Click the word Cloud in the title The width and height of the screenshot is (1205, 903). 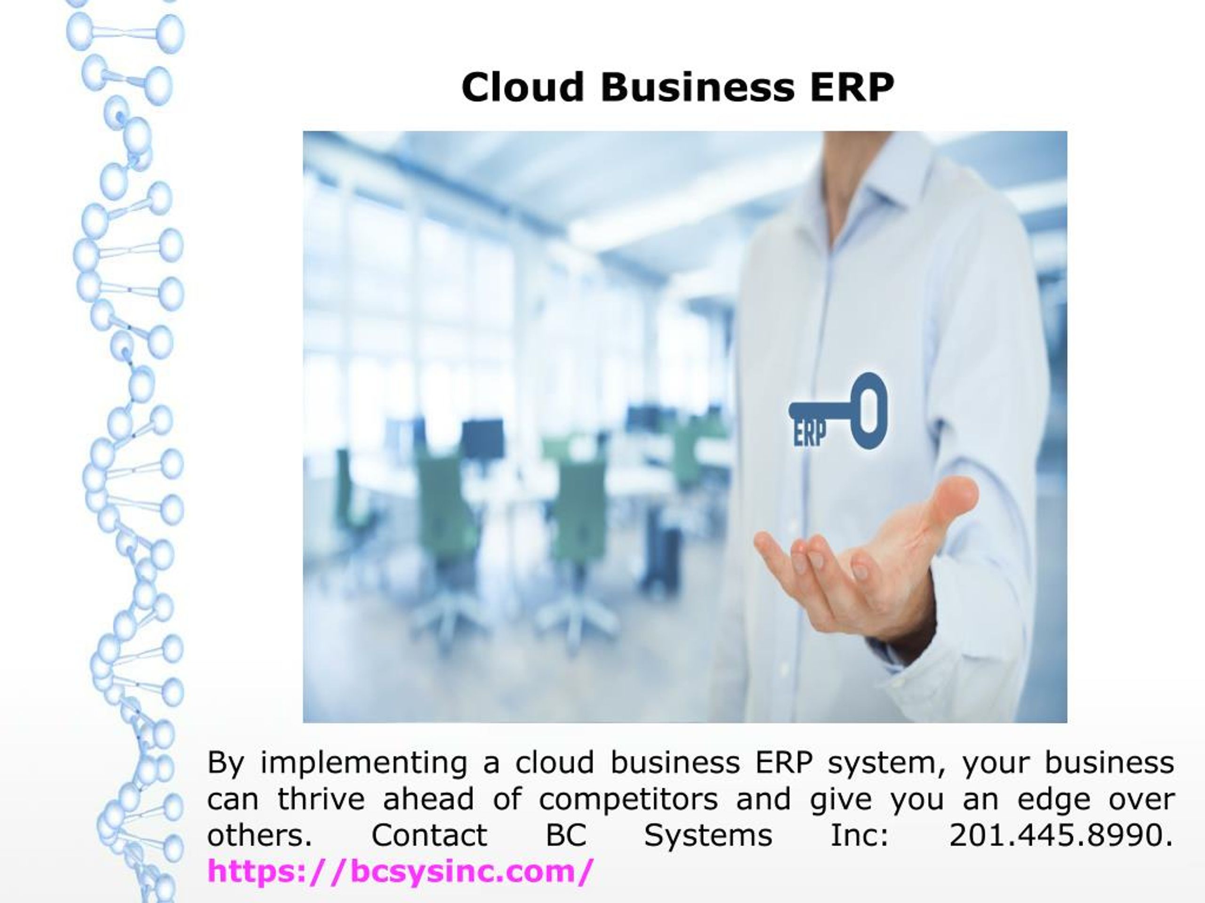(522, 87)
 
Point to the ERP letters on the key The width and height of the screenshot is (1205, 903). (810, 434)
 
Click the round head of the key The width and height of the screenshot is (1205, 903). (869, 411)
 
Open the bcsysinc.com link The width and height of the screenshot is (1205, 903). (399, 871)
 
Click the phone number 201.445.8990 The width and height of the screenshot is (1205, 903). (1060, 835)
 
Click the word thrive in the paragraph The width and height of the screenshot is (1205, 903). (321, 799)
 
